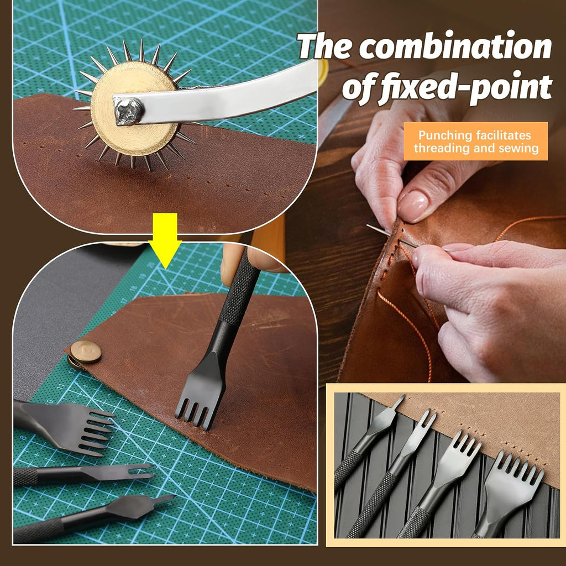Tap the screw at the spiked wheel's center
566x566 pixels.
128,111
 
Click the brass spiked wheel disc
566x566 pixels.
134,108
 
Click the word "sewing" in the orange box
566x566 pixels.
518,148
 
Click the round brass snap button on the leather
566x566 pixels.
86,351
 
